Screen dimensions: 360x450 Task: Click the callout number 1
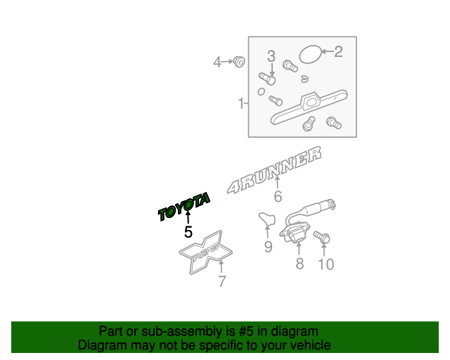click(240, 104)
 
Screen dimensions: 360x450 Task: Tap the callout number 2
click(338, 51)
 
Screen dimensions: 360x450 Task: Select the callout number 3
click(271, 56)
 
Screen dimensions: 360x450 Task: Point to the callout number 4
click(217, 63)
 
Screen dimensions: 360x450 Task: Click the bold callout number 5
click(188, 231)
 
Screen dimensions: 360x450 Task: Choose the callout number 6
click(278, 197)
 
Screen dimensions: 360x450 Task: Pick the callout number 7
click(221, 282)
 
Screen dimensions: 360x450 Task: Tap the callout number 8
click(299, 264)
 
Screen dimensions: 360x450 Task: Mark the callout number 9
click(268, 246)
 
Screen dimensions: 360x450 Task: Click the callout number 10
click(326, 264)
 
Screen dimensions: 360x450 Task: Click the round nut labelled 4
click(239, 62)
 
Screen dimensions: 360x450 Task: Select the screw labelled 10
click(322, 237)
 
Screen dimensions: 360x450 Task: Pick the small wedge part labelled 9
click(266, 219)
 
